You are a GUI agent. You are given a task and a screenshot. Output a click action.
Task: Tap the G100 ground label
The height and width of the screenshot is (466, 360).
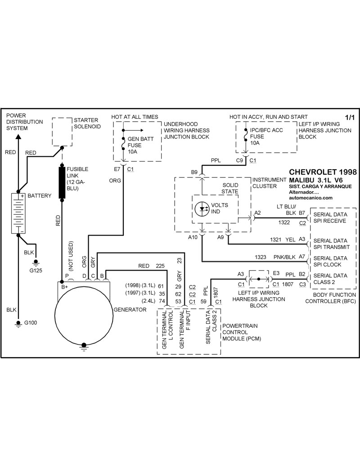[x=31, y=322]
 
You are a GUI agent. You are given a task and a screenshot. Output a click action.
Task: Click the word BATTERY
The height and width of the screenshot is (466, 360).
[x=40, y=196]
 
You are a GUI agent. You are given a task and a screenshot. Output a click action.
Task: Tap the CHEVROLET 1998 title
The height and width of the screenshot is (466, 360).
[x=322, y=172]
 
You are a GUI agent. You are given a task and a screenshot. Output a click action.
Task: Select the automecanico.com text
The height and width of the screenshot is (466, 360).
[x=310, y=197]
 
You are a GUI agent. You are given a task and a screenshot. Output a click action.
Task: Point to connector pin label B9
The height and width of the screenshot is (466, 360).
[x=194, y=172]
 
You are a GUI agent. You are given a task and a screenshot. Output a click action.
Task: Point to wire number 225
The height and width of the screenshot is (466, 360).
[x=160, y=266]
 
